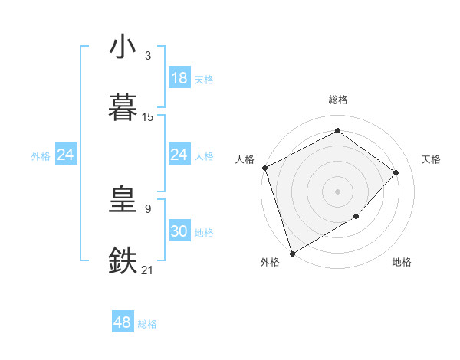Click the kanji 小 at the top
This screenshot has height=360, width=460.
tap(123, 47)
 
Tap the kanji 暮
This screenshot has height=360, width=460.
tap(123, 107)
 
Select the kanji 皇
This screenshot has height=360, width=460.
tap(123, 201)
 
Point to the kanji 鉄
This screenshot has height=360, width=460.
tap(123, 260)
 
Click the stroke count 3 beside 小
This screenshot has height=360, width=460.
tap(148, 56)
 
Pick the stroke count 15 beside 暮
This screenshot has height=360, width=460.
tap(148, 117)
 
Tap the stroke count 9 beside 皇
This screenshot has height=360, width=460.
tap(148, 208)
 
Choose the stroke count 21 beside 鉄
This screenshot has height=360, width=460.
tap(148, 270)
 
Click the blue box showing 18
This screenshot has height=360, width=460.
tap(179, 78)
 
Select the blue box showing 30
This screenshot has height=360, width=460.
tap(179, 231)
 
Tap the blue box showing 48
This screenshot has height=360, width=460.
tap(123, 322)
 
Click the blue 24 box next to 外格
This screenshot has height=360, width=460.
tap(66, 155)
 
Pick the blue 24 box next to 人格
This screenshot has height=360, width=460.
tap(179, 155)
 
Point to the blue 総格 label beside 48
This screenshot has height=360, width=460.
tap(147, 324)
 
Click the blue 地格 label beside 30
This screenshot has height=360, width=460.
tap(204, 233)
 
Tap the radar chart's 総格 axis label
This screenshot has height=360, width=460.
tap(337, 100)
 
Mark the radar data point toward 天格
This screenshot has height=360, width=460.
tap(396, 172)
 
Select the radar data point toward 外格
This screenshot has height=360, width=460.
tap(292, 253)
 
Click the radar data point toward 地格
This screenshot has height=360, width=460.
tap(356, 217)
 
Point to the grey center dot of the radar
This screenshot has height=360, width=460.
tap(337, 191)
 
